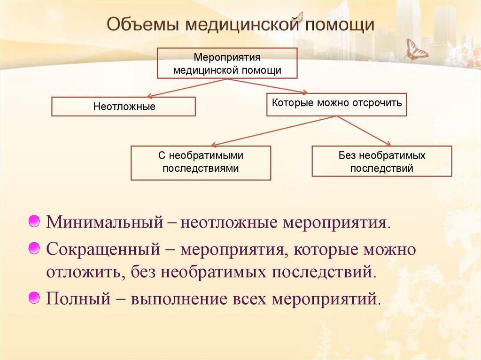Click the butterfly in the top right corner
tap(416, 50)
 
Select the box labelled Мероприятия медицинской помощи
tap(227, 63)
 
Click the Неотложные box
tap(124, 107)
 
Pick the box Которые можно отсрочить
tap(336, 104)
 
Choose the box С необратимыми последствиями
tap(201, 162)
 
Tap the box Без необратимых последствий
tap(381, 161)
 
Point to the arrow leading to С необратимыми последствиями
tap(272, 130)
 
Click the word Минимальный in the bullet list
tap(104, 222)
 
